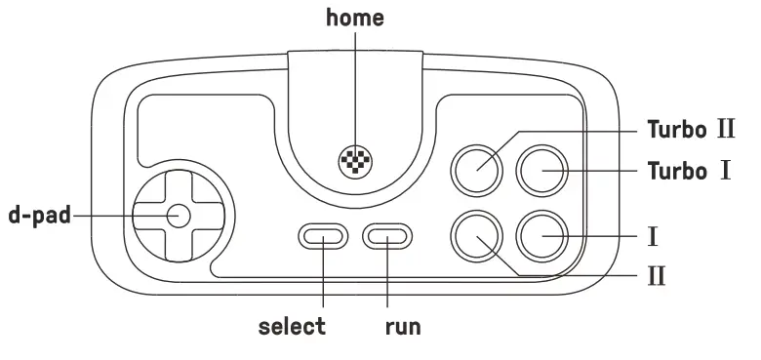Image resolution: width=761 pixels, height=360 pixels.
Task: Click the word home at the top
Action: click(x=355, y=18)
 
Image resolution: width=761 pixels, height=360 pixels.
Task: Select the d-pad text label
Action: click(x=40, y=216)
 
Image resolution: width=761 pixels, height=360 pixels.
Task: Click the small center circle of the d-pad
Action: click(x=178, y=216)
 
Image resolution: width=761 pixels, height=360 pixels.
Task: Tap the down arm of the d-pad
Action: click(x=178, y=245)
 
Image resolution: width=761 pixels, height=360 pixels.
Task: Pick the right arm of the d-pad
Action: click(x=207, y=216)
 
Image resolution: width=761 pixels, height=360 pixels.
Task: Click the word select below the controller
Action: click(x=292, y=326)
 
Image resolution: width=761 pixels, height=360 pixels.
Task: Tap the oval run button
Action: click(x=387, y=235)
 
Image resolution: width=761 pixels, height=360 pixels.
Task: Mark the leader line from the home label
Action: click(x=355, y=88)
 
